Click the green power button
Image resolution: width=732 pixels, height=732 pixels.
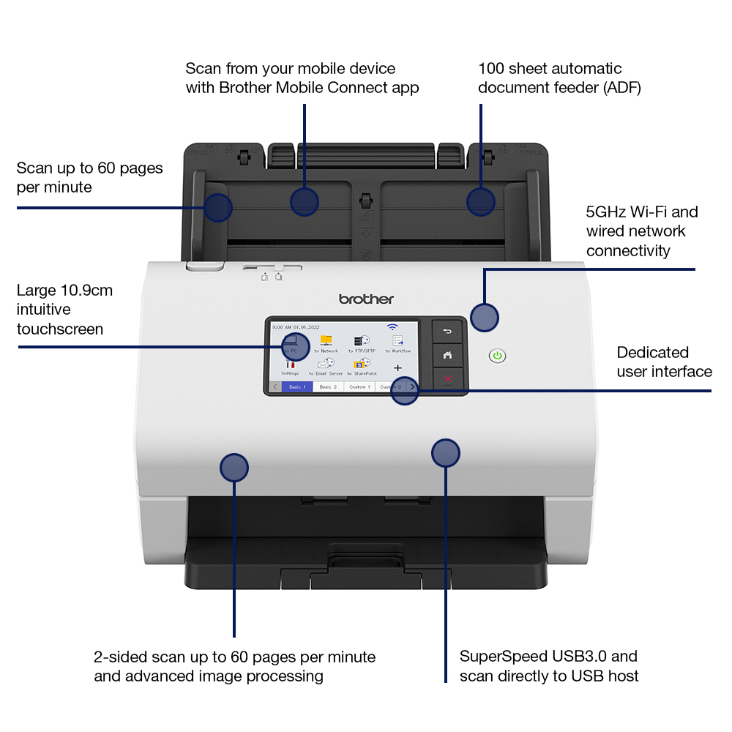pos(498,356)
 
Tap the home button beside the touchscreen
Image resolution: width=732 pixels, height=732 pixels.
pos(447,355)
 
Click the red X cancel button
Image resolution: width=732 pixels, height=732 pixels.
pos(447,379)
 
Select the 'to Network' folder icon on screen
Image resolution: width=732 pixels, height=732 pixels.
pos(326,340)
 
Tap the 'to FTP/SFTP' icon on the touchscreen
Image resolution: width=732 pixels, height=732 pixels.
pos(362,341)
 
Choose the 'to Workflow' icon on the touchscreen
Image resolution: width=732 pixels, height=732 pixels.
pos(398,341)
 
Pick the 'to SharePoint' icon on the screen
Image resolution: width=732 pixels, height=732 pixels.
pos(362,364)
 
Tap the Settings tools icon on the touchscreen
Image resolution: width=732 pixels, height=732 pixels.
pos(290,364)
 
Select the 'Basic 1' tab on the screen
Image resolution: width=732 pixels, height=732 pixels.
pos(297,386)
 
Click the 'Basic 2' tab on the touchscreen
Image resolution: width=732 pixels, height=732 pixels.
pos(328,386)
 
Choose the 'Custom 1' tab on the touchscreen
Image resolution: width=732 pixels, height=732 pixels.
pos(359,386)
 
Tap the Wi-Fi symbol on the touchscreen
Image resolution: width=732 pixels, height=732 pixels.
pos(393,326)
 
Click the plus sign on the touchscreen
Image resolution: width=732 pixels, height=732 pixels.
pos(398,367)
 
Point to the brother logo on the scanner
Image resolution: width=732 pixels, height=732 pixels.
pos(366,299)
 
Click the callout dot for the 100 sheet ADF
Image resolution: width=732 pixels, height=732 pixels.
pos(481,201)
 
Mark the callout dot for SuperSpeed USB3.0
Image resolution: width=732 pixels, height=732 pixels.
pos(445,453)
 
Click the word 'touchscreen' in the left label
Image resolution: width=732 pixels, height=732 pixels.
pos(60,329)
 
